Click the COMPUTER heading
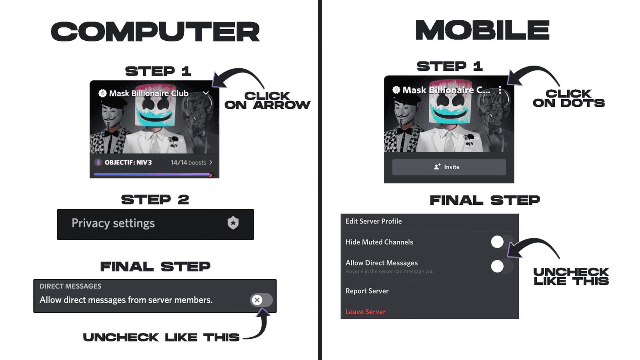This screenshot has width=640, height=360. click(156, 32)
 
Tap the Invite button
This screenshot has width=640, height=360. click(449, 167)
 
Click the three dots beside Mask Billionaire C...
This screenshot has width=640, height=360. click(500, 90)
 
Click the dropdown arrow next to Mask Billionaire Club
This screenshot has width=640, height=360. click(206, 93)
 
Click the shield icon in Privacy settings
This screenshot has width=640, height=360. click(233, 223)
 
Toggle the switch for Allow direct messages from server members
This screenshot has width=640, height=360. click(261, 300)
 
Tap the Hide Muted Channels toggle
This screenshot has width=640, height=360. click(502, 242)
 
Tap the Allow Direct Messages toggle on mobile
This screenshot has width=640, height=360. click(502, 266)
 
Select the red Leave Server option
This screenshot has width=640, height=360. click(366, 312)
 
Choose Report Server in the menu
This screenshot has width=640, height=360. click(367, 291)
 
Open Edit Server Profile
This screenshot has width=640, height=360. click(374, 221)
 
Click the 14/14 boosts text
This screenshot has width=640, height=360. click(188, 162)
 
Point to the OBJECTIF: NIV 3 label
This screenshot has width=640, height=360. click(128, 162)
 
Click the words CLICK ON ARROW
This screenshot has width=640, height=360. click(267, 100)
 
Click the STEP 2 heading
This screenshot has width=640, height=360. click(155, 200)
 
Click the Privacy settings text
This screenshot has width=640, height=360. click(113, 223)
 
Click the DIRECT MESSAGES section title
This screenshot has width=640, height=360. click(70, 286)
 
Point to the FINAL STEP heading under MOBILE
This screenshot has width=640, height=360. click(485, 200)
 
